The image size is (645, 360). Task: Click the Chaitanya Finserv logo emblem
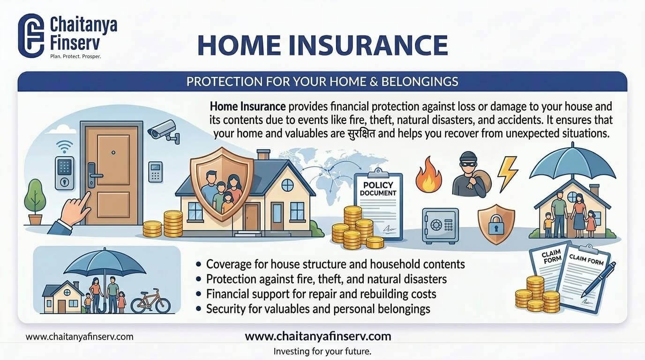[x=30, y=36]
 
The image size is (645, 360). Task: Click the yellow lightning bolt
[x=507, y=172]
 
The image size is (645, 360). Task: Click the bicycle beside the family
[x=150, y=301]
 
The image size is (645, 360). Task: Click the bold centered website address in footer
[x=318, y=336]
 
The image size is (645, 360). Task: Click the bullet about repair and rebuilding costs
[x=321, y=294]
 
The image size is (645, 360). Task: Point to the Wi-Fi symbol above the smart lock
[x=64, y=145]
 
